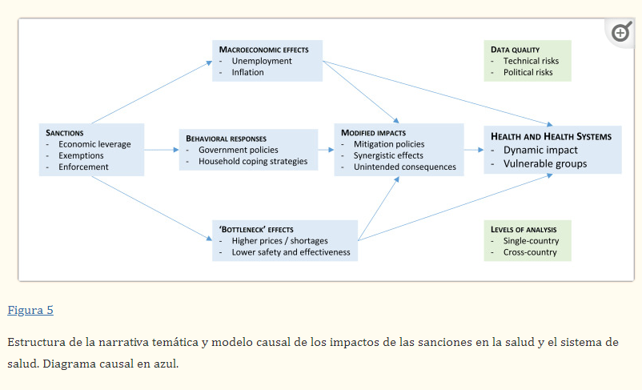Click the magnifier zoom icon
(x=621, y=33)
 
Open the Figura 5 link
(x=30, y=310)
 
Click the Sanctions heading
(x=65, y=132)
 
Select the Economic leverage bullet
(x=94, y=144)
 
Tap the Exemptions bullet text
(x=81, y=155)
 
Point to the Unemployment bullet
(x=262, y=61)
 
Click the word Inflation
(x=247, y=72)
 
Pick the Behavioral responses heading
(x=226, y=138)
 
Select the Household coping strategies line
(x=252, y=161)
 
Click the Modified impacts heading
(x=373, y=132)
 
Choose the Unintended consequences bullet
(x=404, y=167)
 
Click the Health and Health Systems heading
(x=551, y=136)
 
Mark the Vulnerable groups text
(x=544, y=163)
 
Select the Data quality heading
(x=515, y=50)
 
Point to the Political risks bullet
(x=528, y=72)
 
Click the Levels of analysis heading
(x=524, y=230)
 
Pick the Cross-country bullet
(x=531, y=252)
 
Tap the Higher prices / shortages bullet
(x=279, y=240)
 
